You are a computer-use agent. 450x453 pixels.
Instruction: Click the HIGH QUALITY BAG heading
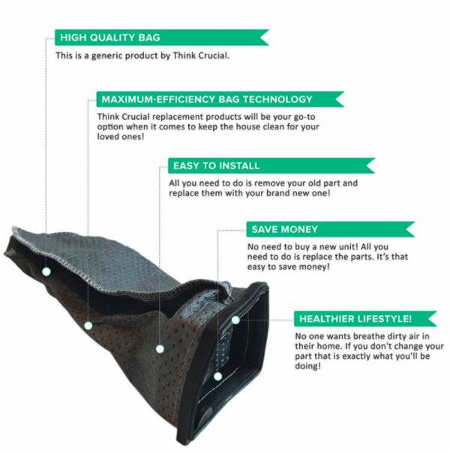tap(110, 37)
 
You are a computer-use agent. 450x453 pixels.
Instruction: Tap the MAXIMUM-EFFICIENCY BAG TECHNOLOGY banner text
tap(207, 100)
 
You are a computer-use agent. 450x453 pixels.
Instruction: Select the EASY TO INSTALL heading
tap(216, 165)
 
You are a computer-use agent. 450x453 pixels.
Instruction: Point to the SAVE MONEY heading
tap(285, 229)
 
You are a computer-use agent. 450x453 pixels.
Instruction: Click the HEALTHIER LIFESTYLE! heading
tap(355, 319)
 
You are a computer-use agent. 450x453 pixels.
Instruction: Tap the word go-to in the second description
tap(304, 117)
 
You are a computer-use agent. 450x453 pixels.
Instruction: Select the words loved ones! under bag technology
tap(121, 136)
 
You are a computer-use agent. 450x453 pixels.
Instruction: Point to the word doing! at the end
tap(308, 366)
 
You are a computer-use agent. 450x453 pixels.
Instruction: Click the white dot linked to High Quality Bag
tap(46, 272)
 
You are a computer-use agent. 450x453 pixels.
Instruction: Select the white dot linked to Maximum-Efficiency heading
tap(88, 326)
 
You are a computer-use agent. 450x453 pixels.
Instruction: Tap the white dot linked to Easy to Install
tap(160, 349)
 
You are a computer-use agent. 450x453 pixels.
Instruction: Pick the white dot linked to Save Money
tap(218, 376)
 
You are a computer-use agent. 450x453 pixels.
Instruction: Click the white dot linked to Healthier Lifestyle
tap(235, 320)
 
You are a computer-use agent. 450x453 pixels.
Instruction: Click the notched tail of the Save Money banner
tap(409, 229)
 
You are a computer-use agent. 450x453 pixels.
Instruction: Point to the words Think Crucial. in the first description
tap(201, 55)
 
